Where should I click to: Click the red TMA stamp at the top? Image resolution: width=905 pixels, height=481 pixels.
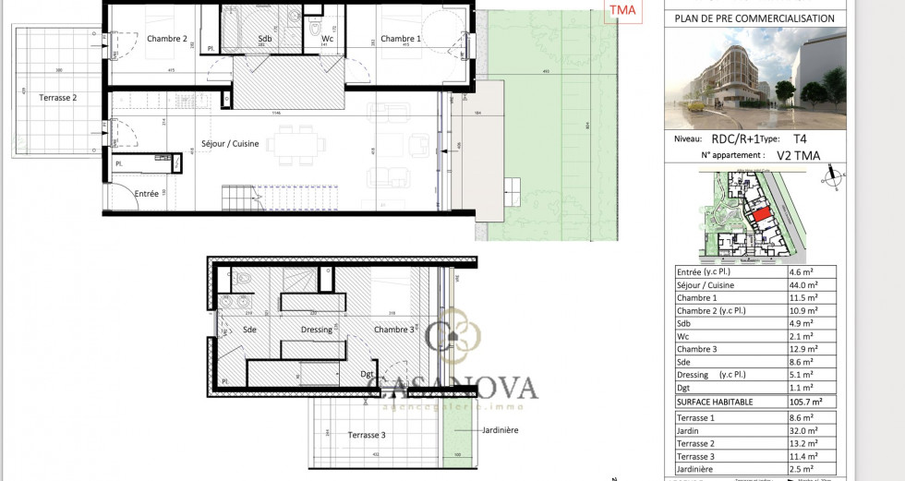[x=621, y=11]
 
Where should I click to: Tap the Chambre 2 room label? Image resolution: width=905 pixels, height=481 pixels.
[x=167, y=39]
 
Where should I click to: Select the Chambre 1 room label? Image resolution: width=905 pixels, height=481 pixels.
[x=401, y=39]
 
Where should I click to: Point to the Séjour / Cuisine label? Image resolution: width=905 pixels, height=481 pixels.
[x=230, y=144]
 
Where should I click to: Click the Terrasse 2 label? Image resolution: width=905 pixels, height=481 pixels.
[x=57, y=97]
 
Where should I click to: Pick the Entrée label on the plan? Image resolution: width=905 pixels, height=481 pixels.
[x=147, y=193]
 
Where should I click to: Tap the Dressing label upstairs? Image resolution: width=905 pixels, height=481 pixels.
[x=317, y=329]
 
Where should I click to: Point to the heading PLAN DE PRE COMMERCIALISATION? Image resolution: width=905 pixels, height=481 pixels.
[x=755, y=18]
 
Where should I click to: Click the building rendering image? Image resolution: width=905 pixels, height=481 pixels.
[x=755, y=78]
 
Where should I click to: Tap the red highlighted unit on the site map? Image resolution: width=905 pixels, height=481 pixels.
[x=758, y=214]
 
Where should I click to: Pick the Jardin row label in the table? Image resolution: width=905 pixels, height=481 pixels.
[x=690, y=430]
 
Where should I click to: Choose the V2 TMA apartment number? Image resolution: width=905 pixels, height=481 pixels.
[x=798, y=155]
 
